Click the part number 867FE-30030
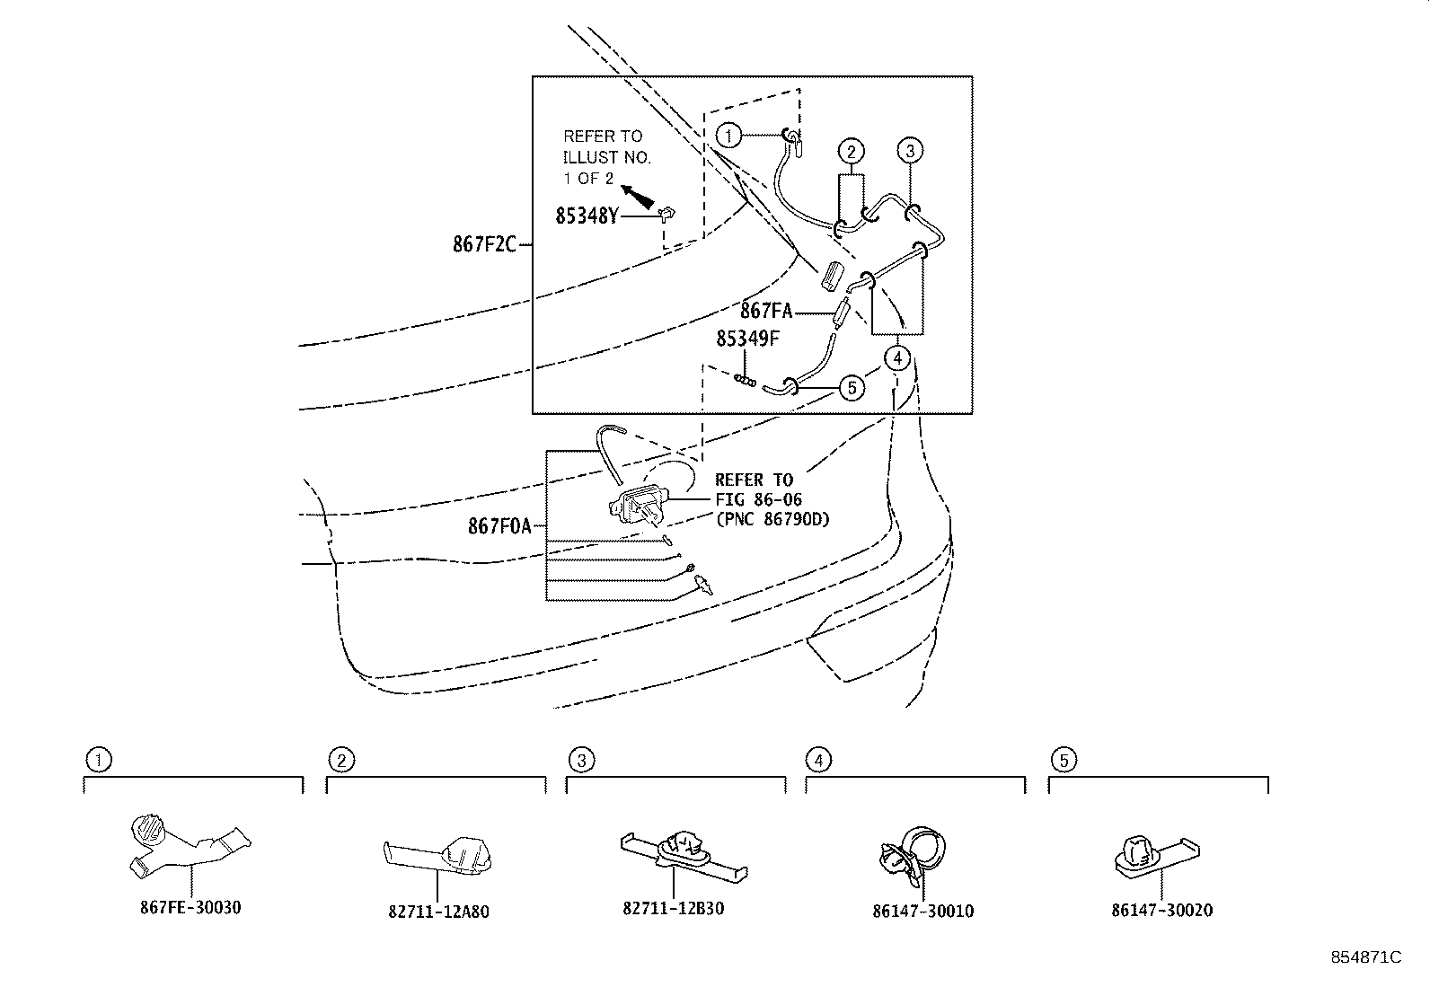tap(190, 907)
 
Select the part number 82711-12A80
tap(438, 911)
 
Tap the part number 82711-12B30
tap(674, 908)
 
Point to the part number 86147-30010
tap(923, 911)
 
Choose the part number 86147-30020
tap(1162, 910)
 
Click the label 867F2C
tap(484, 244)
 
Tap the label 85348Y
tap(587, 216)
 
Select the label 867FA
tap(766, 311)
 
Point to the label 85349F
tap(747, 339)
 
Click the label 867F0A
tap(499, 526)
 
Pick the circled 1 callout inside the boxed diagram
tap(728, 135)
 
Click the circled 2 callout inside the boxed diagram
tap(851, 152)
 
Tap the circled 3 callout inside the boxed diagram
tap(910, 151)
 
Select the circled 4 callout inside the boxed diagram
tap(897, 358)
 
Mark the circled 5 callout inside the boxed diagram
tap(852, 387)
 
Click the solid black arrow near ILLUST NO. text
tap(638, 197)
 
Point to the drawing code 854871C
tap(1366, 957)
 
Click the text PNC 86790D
tap(772, 519)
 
